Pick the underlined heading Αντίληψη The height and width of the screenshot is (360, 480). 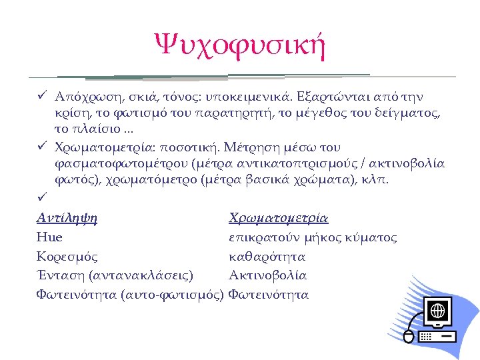67,219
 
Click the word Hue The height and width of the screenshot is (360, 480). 49,237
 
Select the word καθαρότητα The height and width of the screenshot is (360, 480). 267,256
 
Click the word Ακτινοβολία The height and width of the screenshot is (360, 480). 267,275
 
